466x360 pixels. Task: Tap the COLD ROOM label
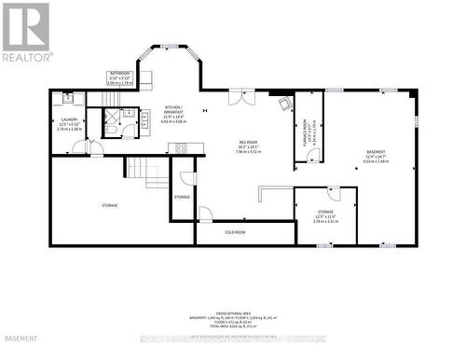coord(235,232)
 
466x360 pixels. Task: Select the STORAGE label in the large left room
coord(110,205)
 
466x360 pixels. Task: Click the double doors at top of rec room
coord(242,96)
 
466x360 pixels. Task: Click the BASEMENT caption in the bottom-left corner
coord(20,349)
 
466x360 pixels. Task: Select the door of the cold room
coord(204,215)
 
